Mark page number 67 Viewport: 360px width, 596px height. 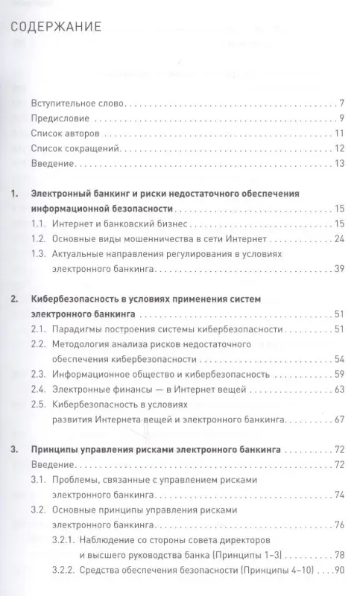338,420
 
